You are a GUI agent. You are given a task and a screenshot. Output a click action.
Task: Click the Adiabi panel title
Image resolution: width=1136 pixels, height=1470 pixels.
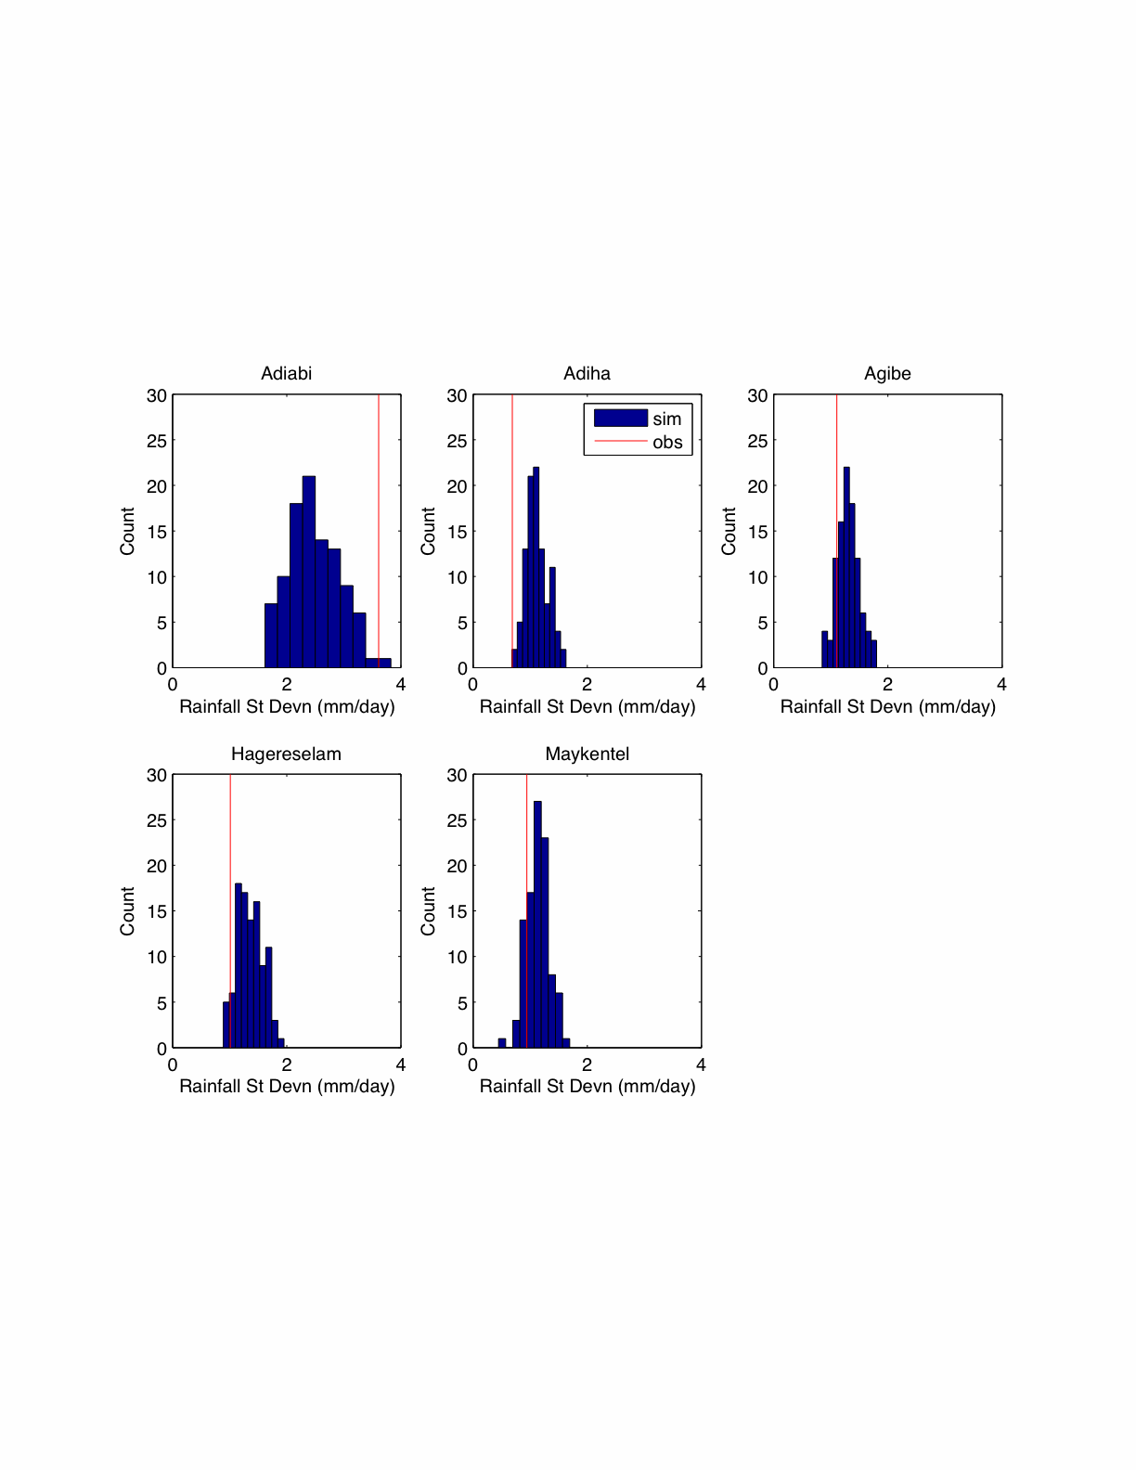[x=286, y=373]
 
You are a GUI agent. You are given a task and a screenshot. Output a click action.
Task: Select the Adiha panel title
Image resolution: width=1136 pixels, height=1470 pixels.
[x=587, y=373]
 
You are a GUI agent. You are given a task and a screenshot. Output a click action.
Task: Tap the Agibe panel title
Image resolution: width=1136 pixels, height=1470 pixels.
[x=887, y=373]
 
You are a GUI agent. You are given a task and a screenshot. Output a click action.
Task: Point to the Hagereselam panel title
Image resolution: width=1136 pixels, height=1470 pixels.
[x=286, y=754]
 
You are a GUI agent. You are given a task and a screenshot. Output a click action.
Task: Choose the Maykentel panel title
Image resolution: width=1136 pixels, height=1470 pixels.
[x=587, y=754]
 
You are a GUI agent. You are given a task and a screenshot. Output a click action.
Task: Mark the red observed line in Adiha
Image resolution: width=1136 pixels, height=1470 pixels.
[x=512, y=520]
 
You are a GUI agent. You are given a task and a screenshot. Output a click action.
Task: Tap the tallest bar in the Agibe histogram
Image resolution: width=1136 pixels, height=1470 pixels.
[x=846, y=566]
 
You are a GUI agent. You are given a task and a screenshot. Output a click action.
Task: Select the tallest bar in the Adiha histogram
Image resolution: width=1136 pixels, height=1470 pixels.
[x=536, y=566]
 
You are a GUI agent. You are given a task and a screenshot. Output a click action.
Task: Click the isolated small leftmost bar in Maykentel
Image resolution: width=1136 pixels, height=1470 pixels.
[x=502, y=1043]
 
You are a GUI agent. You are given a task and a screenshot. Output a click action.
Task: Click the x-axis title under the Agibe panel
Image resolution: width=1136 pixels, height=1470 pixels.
[x=887, y=706]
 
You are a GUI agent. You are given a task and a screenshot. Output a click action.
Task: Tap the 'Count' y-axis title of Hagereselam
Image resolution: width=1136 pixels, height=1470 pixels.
[x=127, y=910]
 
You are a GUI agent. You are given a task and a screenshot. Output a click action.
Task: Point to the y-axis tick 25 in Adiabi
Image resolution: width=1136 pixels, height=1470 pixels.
[x=157, y=441]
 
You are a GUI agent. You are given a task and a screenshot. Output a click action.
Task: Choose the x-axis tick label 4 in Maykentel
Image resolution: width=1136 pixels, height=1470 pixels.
[x=701, y=1064]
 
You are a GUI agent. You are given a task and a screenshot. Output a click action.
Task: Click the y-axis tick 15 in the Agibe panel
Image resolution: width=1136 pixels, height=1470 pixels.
[x=757, y=532]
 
